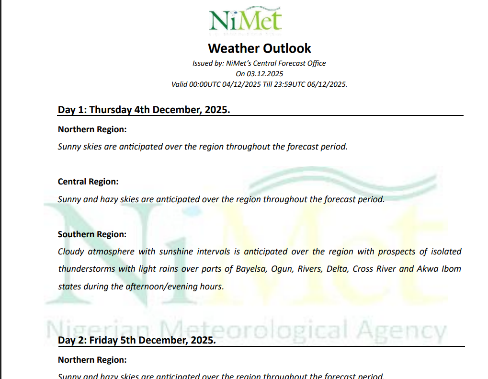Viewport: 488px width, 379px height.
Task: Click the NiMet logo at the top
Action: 245,20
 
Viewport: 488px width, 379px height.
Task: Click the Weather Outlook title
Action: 259,48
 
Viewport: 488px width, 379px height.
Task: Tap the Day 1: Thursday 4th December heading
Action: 144,110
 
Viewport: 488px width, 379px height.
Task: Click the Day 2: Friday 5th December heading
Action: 136,340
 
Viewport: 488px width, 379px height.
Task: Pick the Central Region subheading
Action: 88,182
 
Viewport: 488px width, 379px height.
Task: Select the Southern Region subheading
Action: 92,234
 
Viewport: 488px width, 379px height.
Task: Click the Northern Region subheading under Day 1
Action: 92,129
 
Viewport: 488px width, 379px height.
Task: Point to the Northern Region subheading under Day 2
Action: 92,359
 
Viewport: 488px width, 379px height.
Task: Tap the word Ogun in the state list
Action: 281,269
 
